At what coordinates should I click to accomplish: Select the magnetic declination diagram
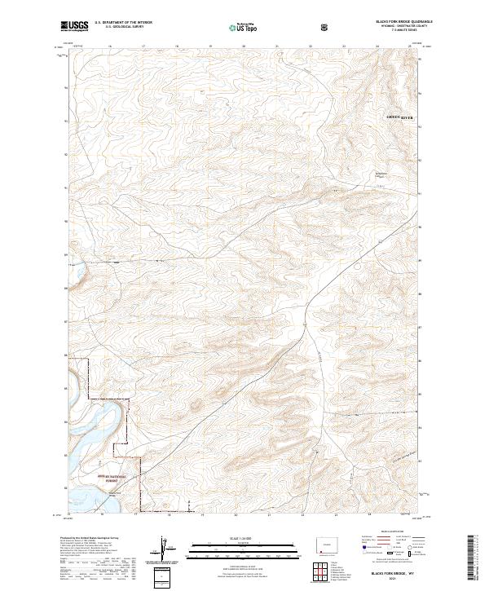tap(167, 550)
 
